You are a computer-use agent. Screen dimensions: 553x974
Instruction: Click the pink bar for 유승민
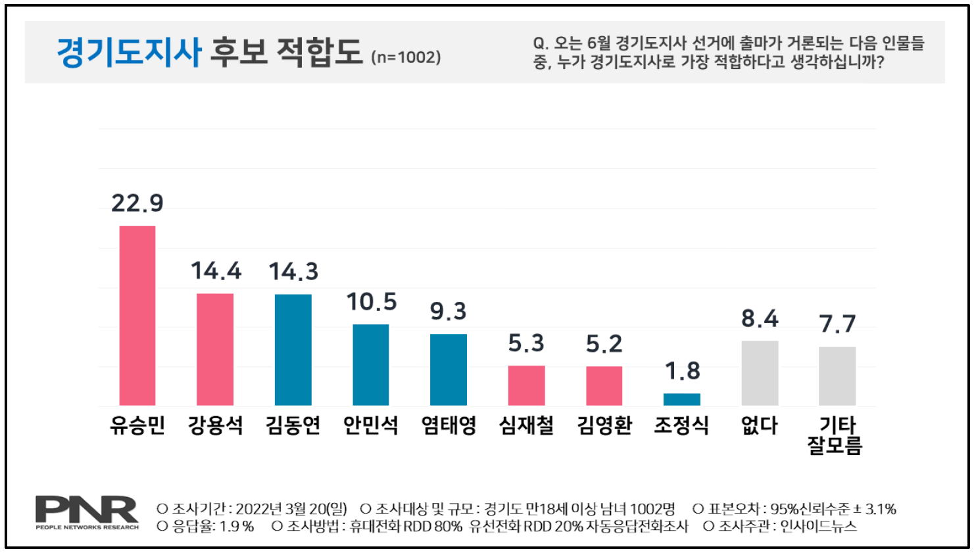tap(137, 316)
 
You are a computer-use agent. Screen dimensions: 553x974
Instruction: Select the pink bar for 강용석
tap(215, 349)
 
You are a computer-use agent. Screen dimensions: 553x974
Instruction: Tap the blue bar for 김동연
tap(293, 350)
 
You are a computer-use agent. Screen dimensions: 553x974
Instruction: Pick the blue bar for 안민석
tap(370, 365)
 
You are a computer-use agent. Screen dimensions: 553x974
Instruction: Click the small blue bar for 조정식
tap(681, 399)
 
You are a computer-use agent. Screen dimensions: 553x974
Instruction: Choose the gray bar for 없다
tap(760, 373)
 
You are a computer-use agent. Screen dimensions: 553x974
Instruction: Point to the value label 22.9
tap(137, 203)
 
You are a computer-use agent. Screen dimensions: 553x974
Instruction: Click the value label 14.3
tap(293, 272)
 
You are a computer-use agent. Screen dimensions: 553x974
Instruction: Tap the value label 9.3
tap(448, 311)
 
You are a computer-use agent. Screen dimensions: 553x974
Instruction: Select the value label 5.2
tap(604, 344)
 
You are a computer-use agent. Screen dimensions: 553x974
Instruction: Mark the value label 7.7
tap(837, 324)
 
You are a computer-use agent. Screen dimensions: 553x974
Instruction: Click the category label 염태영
tap(449, 425)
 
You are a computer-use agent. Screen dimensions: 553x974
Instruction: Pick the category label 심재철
tap(526, 425)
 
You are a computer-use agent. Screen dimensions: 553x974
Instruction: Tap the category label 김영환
tap(604, 425)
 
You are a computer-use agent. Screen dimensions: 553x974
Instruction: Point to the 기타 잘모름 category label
tap(835, 435)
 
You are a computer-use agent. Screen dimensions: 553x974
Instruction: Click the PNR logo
tap(87, 512)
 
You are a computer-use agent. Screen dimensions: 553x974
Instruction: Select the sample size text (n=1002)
tap(406, 57)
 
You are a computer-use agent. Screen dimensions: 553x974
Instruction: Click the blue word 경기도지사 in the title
tap(129, 52)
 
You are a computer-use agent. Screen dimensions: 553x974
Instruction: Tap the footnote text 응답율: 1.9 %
tap(205, 527)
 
